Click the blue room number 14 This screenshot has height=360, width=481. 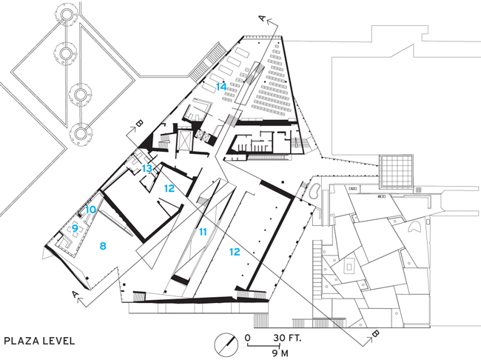pos(221,87)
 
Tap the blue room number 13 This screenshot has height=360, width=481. pos(147,168)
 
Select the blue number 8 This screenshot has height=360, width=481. pos(103,246)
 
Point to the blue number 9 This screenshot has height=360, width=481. pos(75,229)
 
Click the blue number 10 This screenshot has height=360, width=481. pos(90,210)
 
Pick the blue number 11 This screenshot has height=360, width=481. pos(203,232)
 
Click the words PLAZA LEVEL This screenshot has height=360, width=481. pos(39,341)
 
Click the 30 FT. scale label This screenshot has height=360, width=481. pos(288,339)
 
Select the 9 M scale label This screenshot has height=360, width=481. pos(280,353)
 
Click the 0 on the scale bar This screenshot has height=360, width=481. pos(248,339)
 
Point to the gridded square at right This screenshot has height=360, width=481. pos(396,171)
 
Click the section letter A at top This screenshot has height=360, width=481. pos(262,19)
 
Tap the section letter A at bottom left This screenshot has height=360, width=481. pos(75,294)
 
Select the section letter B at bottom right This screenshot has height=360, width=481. pos(376,333)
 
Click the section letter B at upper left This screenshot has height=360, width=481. pos(139,124)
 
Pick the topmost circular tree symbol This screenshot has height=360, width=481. pos(65,14)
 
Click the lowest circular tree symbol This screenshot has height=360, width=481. pos(81,133)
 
